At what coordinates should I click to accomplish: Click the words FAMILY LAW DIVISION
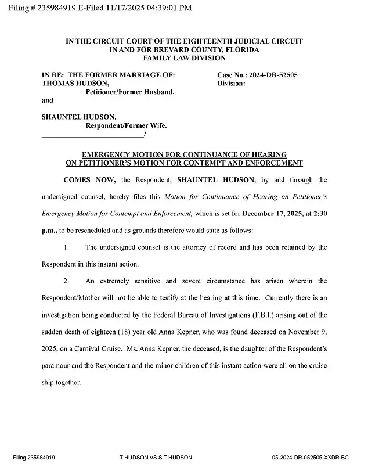tap(183, 58)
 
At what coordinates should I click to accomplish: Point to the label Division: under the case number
tap(231, 84)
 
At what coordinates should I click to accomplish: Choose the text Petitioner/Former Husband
tap(130, 92)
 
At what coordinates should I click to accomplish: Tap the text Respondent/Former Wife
tap(126, 125)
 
